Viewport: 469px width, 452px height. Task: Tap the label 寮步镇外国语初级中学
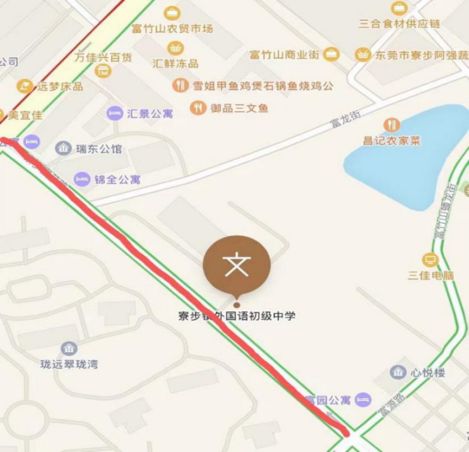tap(237, 316)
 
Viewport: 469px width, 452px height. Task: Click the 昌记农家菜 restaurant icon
tap(391, 125)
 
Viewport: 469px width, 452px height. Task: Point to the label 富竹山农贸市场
tap(172, 29)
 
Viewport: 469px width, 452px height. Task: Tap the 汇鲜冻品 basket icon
tap(175, 48)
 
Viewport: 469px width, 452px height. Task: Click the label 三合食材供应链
tap(399, 23)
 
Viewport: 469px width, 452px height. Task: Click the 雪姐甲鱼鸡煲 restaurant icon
tap(181, 85)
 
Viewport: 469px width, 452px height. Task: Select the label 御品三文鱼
tap(239, 108)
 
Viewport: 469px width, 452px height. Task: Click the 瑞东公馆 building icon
tap(63, 149)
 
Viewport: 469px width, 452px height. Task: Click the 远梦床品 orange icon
tap(25, 86)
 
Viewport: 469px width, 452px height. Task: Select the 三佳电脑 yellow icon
tap(430, 260)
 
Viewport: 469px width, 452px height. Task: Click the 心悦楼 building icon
tap(398, 372)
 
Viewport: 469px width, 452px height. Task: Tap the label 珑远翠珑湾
tap(69, 364)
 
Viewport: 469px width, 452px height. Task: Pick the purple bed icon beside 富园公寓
tap(363, 399)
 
